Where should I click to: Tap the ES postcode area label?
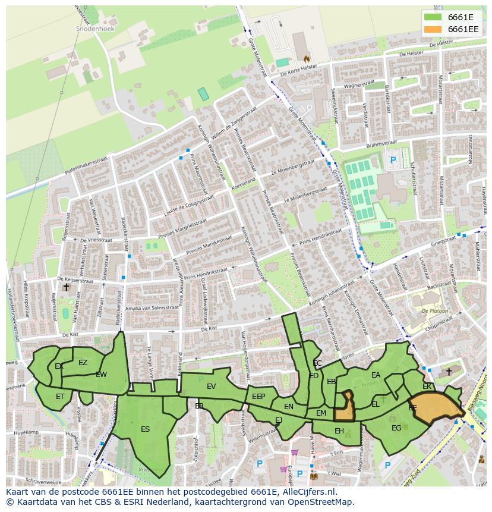(145, 429)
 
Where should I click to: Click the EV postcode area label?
(211, 387)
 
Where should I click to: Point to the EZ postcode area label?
(83, 363)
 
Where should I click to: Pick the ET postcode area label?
(60, 397)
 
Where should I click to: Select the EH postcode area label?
(339, 431)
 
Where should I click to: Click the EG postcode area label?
(396, 428)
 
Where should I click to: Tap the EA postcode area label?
(376, 375)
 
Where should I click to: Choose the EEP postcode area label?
(258, 397)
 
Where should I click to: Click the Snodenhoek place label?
(94, 28)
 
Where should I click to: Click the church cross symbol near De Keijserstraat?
(66, 287)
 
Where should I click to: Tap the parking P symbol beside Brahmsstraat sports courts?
(392, 160)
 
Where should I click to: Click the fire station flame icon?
(307, 59)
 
